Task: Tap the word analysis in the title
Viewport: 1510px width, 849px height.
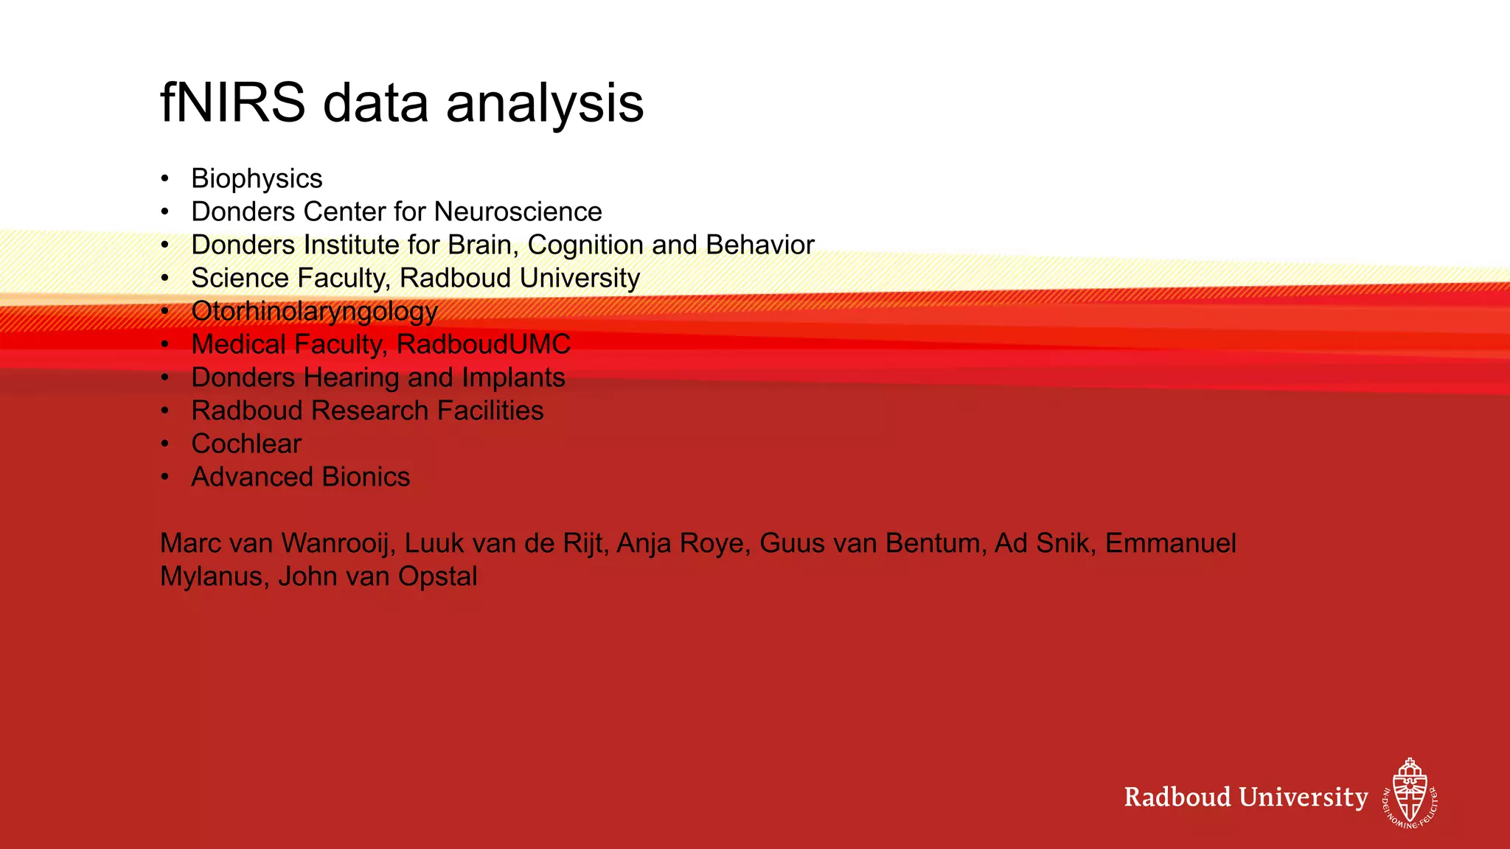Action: coord(545,103)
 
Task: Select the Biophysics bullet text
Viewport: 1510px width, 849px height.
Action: coord(257,179)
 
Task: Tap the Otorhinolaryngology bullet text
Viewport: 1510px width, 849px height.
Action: coord(314,312)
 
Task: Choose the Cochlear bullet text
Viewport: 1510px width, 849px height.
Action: coord(246,444)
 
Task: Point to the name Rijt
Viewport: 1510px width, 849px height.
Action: coord(583,543)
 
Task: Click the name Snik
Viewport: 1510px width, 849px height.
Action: coord(1063,543)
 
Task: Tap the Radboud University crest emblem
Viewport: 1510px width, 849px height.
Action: coord(1410,793)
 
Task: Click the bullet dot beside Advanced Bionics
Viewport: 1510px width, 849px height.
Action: coord(165,477)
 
